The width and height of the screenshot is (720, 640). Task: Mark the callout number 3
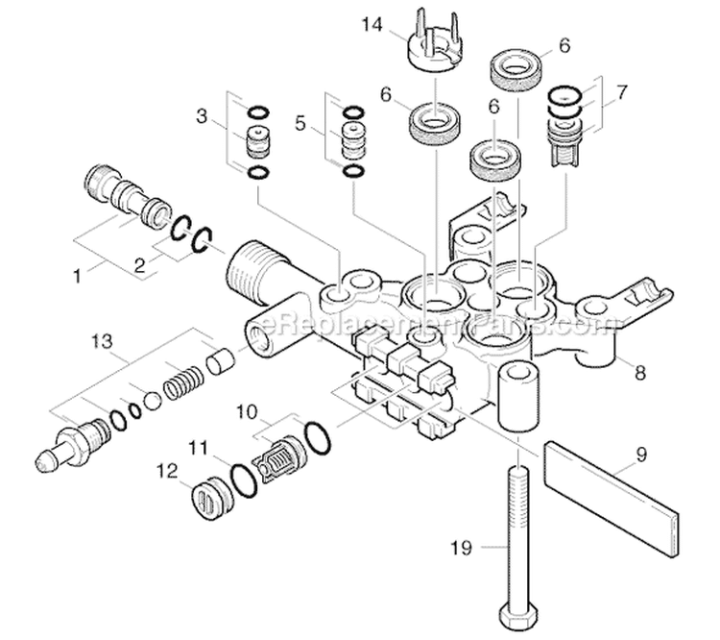point(202,116)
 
